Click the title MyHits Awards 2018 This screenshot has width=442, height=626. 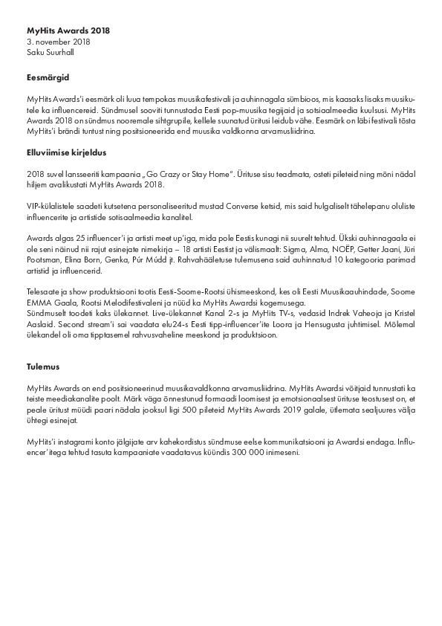tap(68, 31)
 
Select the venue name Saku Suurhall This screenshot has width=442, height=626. tap(50, 53)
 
